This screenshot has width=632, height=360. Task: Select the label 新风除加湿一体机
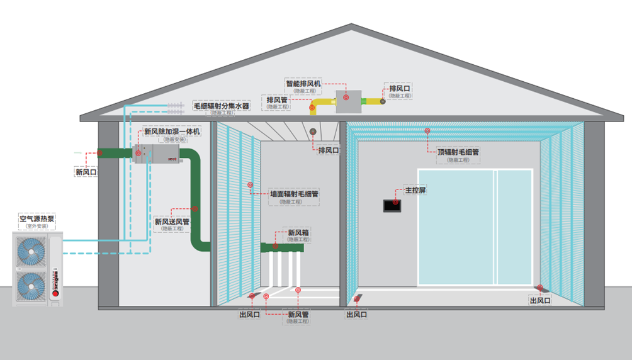172,132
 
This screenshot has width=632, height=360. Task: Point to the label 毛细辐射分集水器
221,106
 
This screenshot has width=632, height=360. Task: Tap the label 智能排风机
303,83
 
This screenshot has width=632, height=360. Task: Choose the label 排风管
277,100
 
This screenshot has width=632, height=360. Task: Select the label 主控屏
415,189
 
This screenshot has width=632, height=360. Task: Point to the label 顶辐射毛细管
458,152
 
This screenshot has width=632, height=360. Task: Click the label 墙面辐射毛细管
294,194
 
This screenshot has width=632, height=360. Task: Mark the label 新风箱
298,233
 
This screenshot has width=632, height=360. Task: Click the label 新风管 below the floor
298,314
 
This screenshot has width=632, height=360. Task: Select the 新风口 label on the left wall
86,172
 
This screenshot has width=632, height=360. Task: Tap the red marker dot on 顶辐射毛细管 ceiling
427,132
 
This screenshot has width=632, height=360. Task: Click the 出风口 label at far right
540,301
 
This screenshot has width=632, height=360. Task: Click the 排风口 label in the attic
400,88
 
